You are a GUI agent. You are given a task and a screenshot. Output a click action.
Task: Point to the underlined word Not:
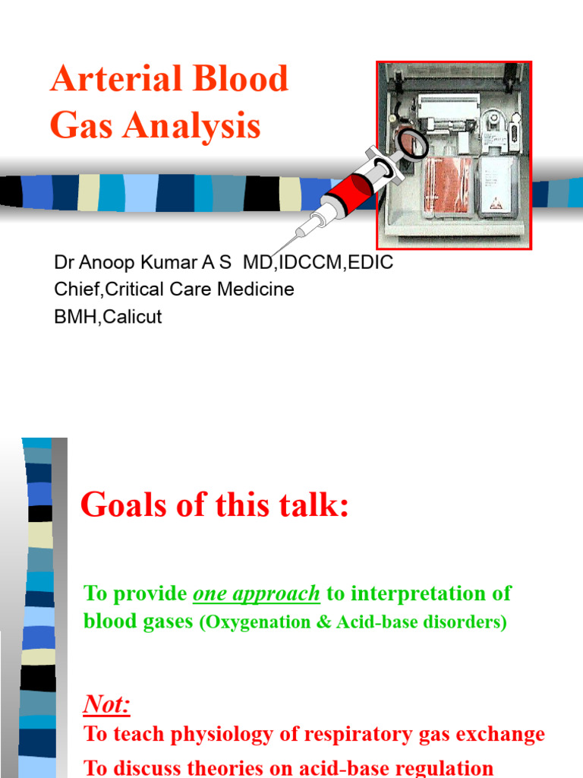tap(106, 705)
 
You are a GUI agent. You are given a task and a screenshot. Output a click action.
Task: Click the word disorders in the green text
tap(466, 622)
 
